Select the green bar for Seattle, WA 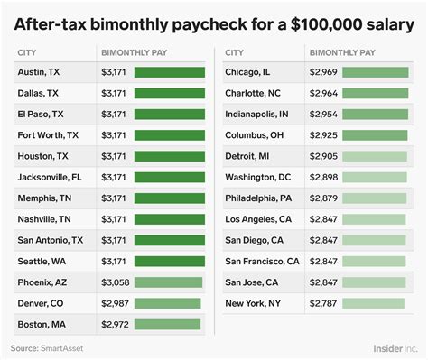169,261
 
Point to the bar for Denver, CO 167,303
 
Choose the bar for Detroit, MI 375,156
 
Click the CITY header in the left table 27,52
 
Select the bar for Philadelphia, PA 375,198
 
